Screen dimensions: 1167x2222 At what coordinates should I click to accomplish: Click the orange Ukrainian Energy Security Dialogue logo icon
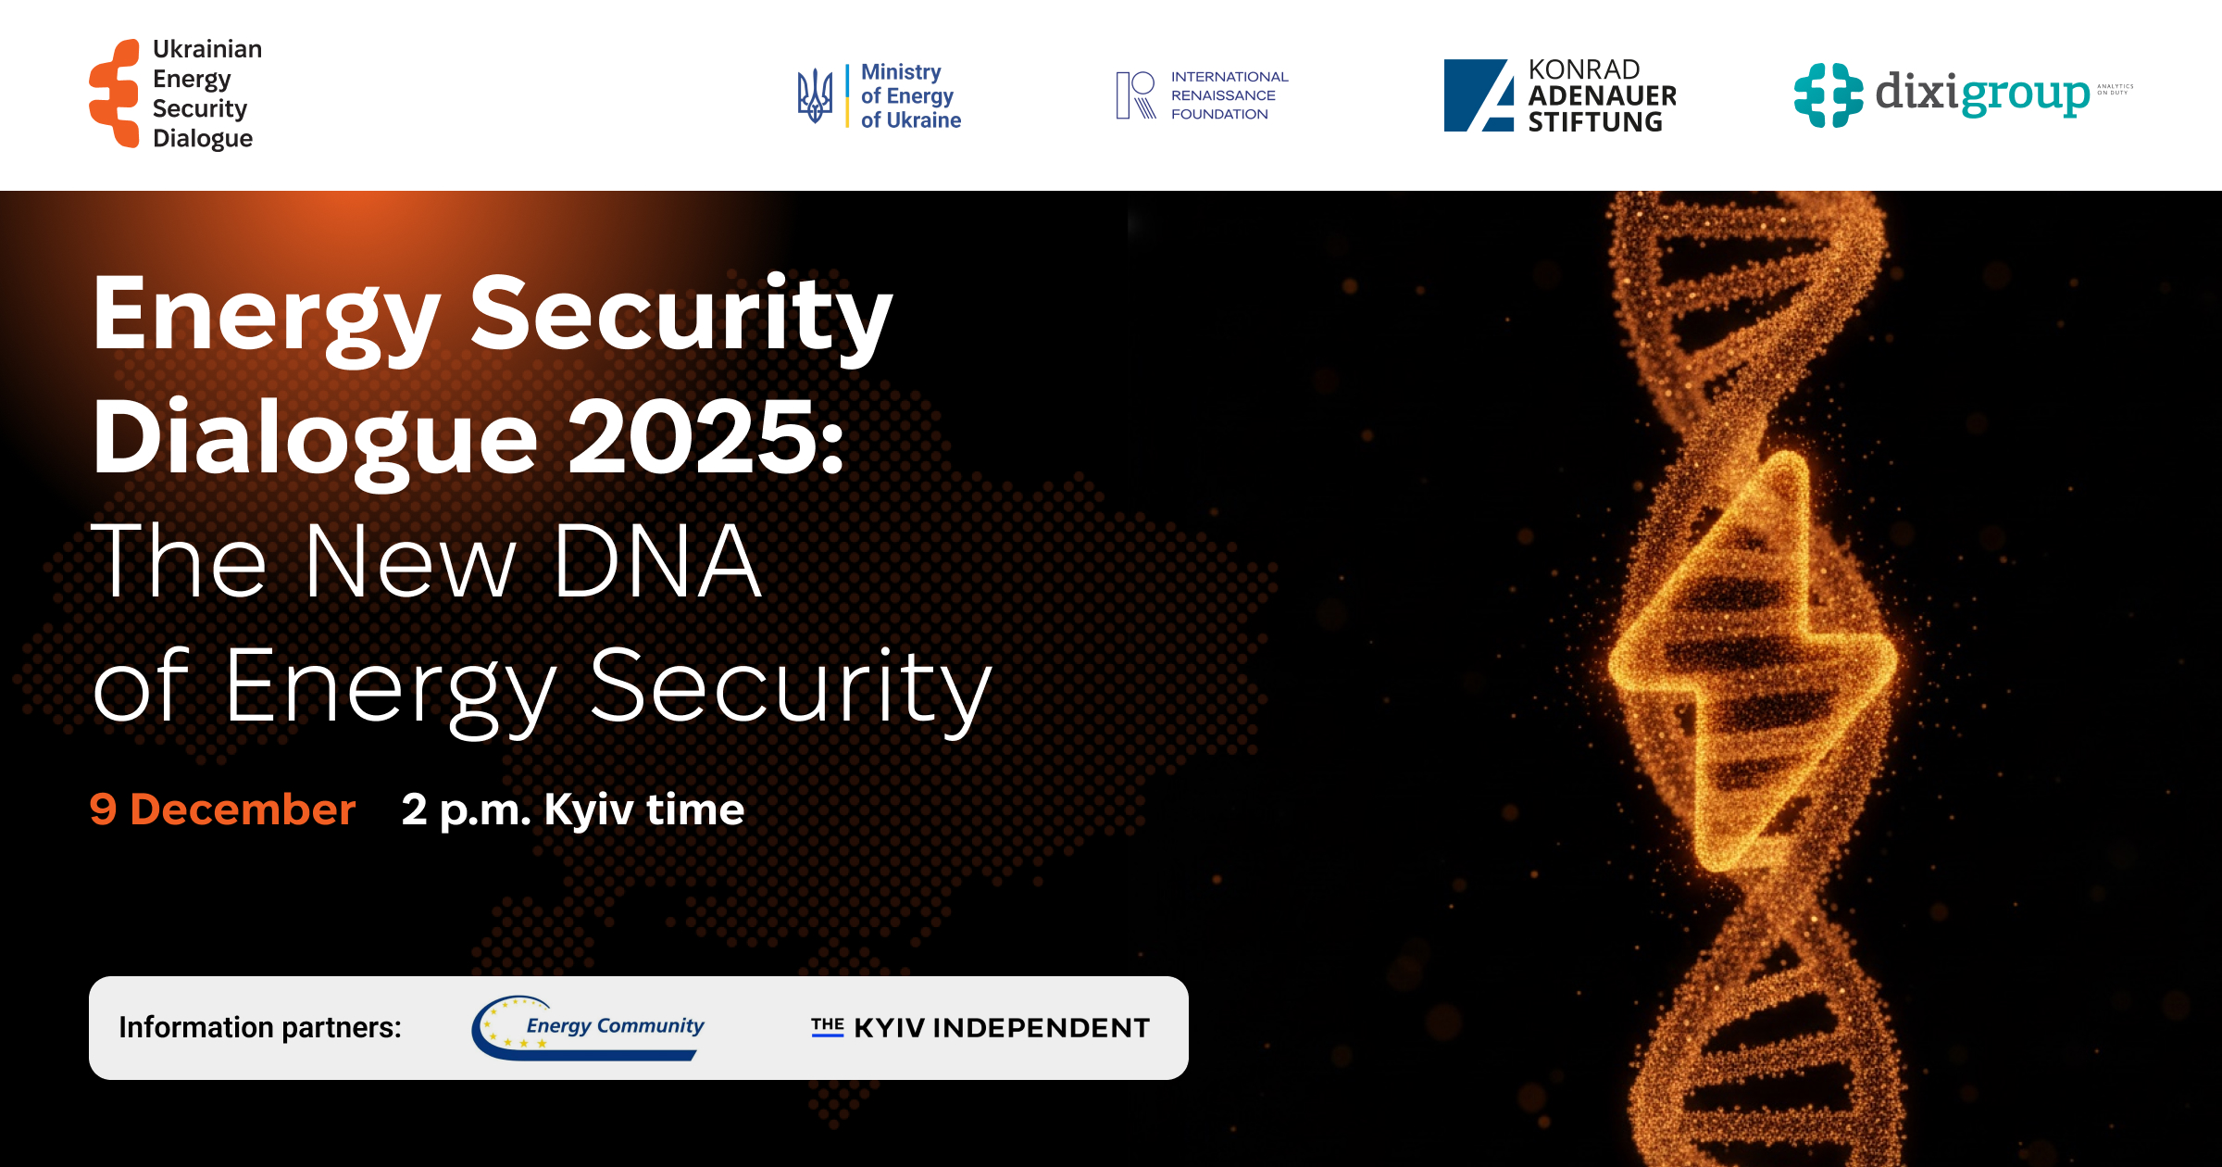pyautogui.click(x=115, y=94)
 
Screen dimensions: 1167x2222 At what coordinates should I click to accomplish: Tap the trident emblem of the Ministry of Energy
pyautogui.click(x=815, y=95)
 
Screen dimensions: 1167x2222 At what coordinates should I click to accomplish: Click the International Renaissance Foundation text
pyautogui.click(x=1229, y=95)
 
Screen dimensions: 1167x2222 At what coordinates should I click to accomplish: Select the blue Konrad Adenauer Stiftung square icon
pyautogui.click(x=1479, y=95)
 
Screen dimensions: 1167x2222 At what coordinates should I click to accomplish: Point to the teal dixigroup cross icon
pyautogui.click(x=1828, y=94)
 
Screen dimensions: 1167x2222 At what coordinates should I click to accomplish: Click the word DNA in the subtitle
pyautogui.click(x=657, y=561)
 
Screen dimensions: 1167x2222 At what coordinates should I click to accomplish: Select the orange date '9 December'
pyautogui.click(x=222, y=809)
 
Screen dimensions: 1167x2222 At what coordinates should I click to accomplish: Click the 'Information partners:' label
pyautogui.click(x=260, y=1027)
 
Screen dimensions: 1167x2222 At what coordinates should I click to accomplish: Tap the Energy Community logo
pyautogui.click(x=589, y=1027)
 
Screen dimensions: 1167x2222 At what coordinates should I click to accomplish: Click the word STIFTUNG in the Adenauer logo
pyautogui.click(x=1595, y=122)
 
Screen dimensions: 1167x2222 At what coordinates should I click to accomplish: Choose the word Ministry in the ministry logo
pyautogui.click(x=901, y=72)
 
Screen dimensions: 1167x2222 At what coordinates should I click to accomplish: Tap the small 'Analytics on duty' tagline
pyautogui.click(x=2115, y=89)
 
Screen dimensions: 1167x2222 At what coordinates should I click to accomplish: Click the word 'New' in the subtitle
pyautogui.click(x=409, y=561)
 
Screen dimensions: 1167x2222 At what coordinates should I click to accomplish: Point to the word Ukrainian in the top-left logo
pyautogui.click(x=207, y=49)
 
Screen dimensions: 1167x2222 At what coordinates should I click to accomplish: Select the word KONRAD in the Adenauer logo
pyautogui.click(x=1584, y=69)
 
